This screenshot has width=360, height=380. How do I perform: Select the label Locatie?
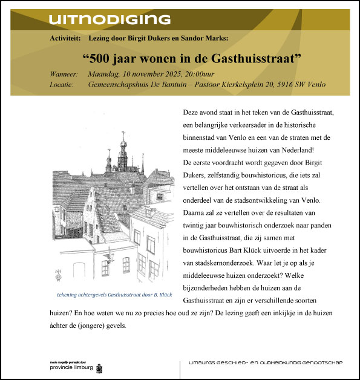pyautogui.click(x=62, y=85)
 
